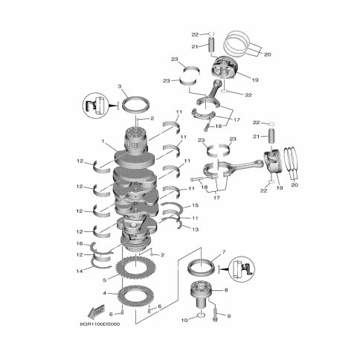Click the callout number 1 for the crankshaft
click(103, 141)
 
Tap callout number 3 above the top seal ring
click(120, 86)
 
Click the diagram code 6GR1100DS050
click(100, 324)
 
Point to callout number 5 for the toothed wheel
click(105, 280)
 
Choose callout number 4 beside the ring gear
click(104, 293)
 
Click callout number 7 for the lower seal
click(224, 252)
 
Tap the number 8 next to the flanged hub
click(226, 290)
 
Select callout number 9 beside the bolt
click(229, 316)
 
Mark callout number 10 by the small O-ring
click(184, 320)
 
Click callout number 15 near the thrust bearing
click(196, 205)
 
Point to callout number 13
click(196, 229)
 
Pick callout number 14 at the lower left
click(80, 271)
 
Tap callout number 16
click(80, 244)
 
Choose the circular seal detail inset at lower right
click(241, 269)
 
